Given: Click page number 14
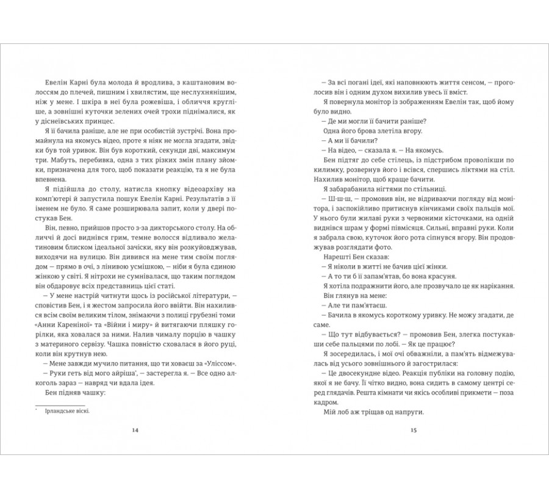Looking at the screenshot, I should [x=135, y=431].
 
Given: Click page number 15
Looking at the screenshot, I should [x=413, y=431].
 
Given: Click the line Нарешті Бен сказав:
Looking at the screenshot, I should [x=347, y=259].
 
